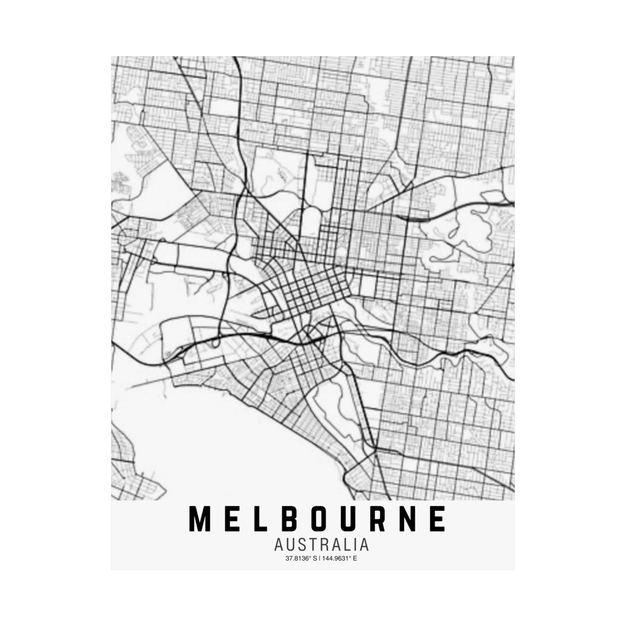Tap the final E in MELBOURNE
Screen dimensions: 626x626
pyautogui.click(x=439, y=519)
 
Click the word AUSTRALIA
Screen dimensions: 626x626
pyautogui.click(x=321, y=545)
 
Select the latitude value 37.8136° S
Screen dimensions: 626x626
pyautogui.click(x=302, y=558)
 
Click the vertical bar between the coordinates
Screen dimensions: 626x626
pyautogui.click(x=320, y=558)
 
